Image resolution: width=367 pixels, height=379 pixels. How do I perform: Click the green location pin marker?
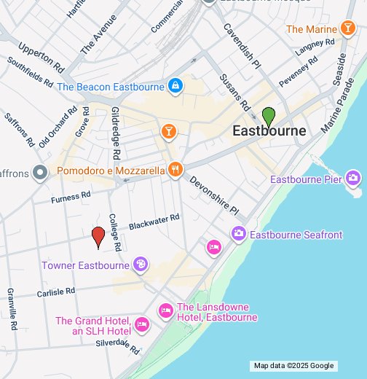(269, 115)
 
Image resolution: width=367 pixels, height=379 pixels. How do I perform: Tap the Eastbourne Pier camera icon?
(353, 178)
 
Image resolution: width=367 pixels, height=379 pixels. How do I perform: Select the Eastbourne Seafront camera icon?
(238, 234)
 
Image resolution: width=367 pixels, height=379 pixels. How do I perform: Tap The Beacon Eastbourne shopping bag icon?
(175, 87)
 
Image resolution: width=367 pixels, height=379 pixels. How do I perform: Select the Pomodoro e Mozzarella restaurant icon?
(175, 170)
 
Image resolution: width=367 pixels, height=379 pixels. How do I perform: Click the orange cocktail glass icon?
(169, 131)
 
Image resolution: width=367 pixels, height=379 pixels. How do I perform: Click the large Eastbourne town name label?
(269, 131)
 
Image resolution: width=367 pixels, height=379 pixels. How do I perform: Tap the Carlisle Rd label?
(56, 292)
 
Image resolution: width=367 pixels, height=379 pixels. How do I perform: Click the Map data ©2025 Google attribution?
(293, 366)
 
